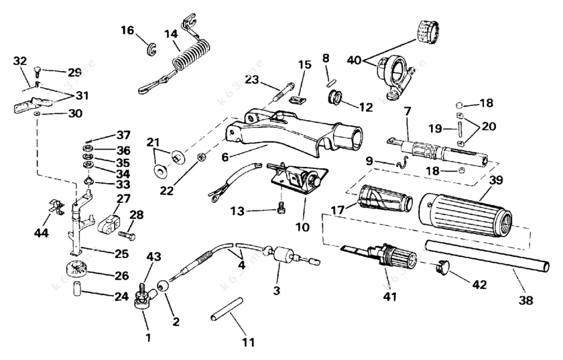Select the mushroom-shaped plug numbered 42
(442, 267)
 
